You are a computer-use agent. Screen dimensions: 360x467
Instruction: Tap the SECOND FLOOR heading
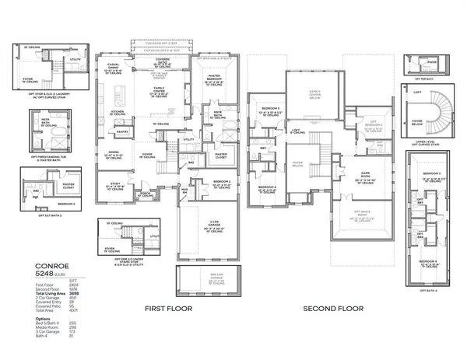334,308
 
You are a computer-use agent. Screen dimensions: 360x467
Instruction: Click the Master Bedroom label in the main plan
217,79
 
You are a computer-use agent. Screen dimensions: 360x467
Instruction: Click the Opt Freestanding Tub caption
49,158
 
